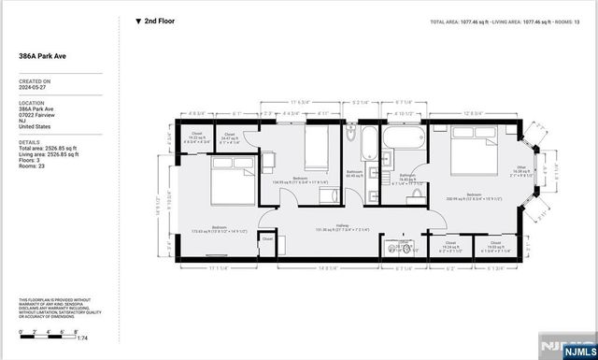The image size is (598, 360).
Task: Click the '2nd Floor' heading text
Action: coord(158,21)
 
